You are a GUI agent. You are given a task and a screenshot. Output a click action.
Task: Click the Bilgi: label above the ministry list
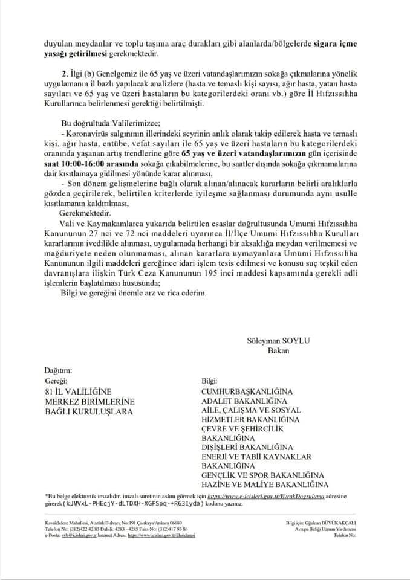point(209,381)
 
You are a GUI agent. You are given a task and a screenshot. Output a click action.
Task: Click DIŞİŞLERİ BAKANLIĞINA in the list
point(247,447)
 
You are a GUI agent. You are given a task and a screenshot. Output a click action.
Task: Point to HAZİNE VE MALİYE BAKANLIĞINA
point(264,485)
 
